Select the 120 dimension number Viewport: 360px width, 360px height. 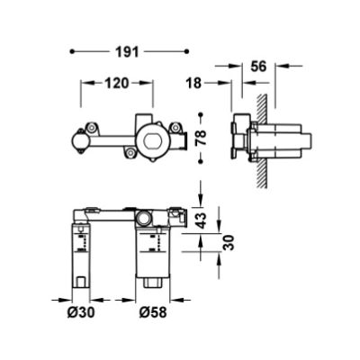(x=114, y=82)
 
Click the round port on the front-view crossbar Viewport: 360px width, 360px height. (x=143, y=218)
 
